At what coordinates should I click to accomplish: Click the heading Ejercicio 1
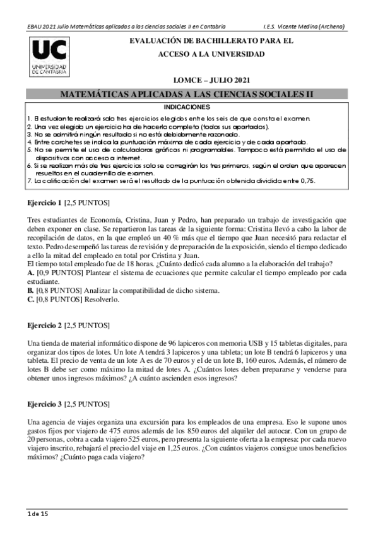tap(44, 203)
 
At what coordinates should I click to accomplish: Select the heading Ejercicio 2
tap(44, 325)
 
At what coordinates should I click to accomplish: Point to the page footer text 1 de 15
tap(37, 514)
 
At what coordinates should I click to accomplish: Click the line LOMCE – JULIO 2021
tap(212, 81)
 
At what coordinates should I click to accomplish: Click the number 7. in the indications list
tap(29, 180)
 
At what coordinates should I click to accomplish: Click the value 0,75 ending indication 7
tap(306, 180)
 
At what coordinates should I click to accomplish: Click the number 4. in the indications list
tap(29, 142)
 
